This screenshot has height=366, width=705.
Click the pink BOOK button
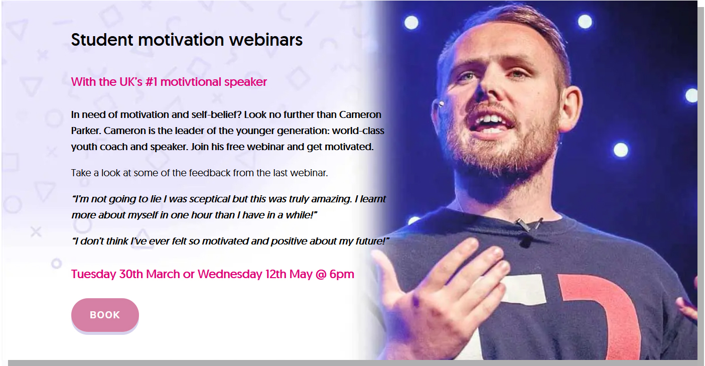pyautogui.click(x=105, y=315)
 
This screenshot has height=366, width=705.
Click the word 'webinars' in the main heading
pyautogui.click(x=265, y=40)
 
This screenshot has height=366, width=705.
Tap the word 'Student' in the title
pyautogui.click(x=102, y=40)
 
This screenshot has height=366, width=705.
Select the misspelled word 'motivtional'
pyautogui.click(x=191, y=82)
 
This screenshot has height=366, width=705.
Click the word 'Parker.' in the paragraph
pyautogui.click(x=86, y=131)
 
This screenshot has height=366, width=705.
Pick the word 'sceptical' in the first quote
pyautogui.click(x=209, y=199)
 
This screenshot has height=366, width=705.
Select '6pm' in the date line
pyautogui.click(x=342, y=274)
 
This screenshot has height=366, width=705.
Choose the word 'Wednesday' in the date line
pyautogui.click(x=230, y=274)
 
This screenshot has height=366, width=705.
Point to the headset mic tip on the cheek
pyautogui.click(x=441, y=104)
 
